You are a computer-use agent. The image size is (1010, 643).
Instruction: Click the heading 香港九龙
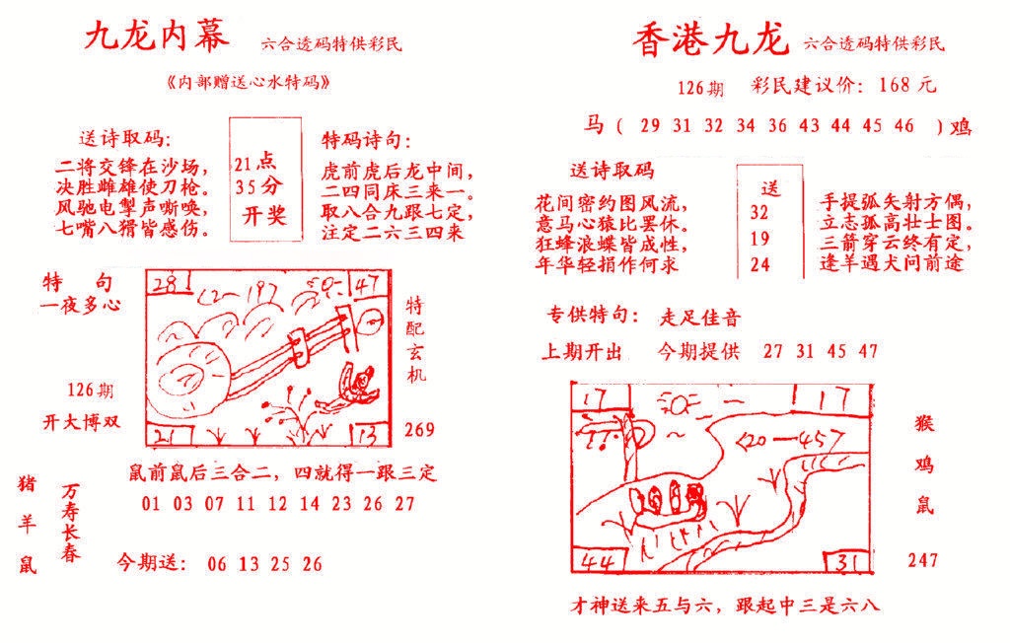(x=710, y=40)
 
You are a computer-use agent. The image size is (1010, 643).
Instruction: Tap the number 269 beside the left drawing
(x=419, y=429)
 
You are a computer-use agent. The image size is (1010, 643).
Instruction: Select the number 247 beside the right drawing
(x=923, y=560)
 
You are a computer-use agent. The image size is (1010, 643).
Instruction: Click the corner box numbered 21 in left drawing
(x=164, y=435)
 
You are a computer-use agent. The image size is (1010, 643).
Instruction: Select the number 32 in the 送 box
(x=759, y=211)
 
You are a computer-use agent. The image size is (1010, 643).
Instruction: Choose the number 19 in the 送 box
(x=759, y=238)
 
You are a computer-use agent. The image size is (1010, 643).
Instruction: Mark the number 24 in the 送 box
(x=759, y=264)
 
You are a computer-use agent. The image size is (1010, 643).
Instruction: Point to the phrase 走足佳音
(x=700, y=318)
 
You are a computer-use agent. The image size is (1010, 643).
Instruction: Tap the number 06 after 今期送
(x=219, y=564)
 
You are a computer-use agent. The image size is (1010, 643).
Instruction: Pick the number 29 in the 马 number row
(x=650, y=125)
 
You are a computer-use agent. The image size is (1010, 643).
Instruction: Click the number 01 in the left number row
(x=150, y=504)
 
